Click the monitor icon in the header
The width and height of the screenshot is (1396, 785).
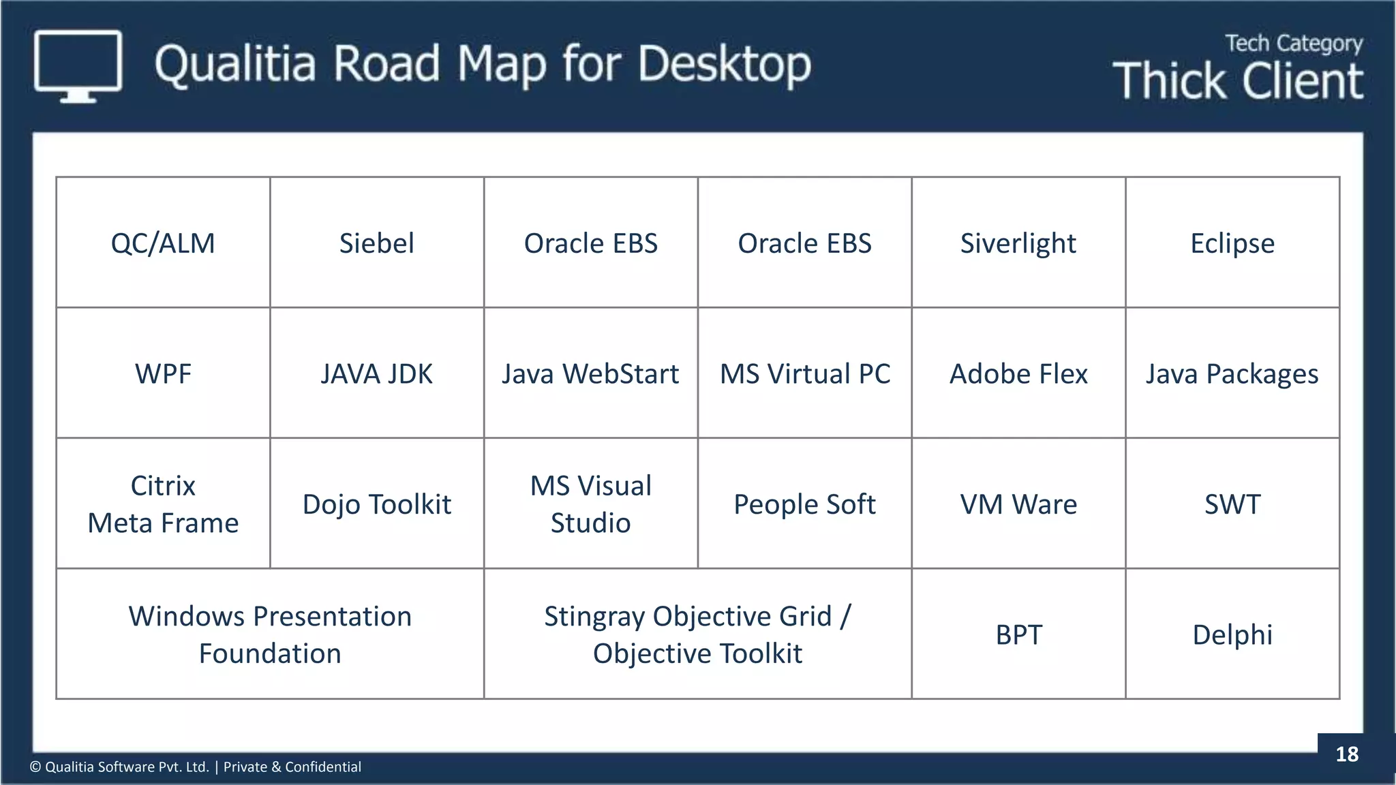(78, 65)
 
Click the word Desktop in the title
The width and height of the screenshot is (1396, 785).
(724, 65)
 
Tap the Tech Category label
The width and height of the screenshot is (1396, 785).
(1293, 44)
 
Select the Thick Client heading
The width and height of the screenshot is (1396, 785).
(1238, 81)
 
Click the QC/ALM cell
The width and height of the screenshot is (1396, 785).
(163, 243)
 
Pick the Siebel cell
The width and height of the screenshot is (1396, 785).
(376, 243)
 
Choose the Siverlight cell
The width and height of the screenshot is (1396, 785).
(1018, 243)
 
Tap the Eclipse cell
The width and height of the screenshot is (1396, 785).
(1232, 243)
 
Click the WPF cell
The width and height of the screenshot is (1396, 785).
(163, 373)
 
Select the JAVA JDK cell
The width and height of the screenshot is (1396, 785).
(376, 373)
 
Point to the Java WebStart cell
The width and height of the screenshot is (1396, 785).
(590, 373)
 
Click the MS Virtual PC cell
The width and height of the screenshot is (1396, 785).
(804, 373)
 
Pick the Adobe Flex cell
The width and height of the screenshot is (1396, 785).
(1018, 373)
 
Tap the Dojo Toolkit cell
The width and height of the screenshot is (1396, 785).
(376, 504)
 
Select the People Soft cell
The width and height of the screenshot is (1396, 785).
(804, 504)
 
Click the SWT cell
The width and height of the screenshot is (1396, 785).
(1232, 504)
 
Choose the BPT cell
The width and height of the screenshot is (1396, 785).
(1018, 634)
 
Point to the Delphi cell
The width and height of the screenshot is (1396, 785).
(1232, 634)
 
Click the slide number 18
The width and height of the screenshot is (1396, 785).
(1346, 754)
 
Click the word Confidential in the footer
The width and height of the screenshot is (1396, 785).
(322, 767)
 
